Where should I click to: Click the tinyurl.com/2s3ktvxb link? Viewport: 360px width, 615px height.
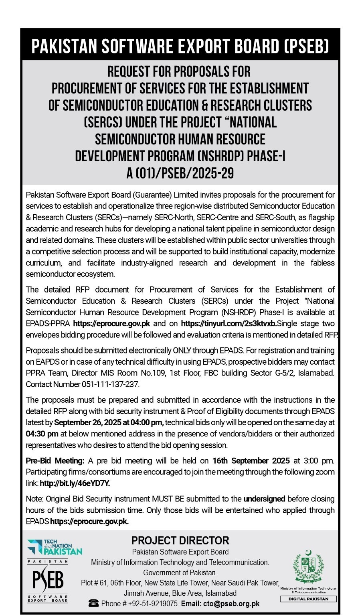[x=229, y=323]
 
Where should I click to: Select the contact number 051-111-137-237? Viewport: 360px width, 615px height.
[x=110, y=384]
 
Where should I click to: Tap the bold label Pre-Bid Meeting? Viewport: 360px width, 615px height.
[x=55, y=461]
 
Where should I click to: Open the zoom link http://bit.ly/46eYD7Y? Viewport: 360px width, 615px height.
[x=75, y=483]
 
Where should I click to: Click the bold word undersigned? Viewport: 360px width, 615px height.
[x=264, y=499]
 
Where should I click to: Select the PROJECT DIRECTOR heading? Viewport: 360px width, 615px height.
[x=180, y=540]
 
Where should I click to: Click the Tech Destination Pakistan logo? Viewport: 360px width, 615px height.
[x=55, y=547]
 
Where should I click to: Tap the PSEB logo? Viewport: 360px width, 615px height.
[x=48, y=580]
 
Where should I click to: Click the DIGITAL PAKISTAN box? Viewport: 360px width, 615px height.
[x=308, y=599]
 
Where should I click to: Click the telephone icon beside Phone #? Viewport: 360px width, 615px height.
[x=94, y=603]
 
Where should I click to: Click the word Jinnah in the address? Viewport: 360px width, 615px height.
[x=134, y=593]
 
